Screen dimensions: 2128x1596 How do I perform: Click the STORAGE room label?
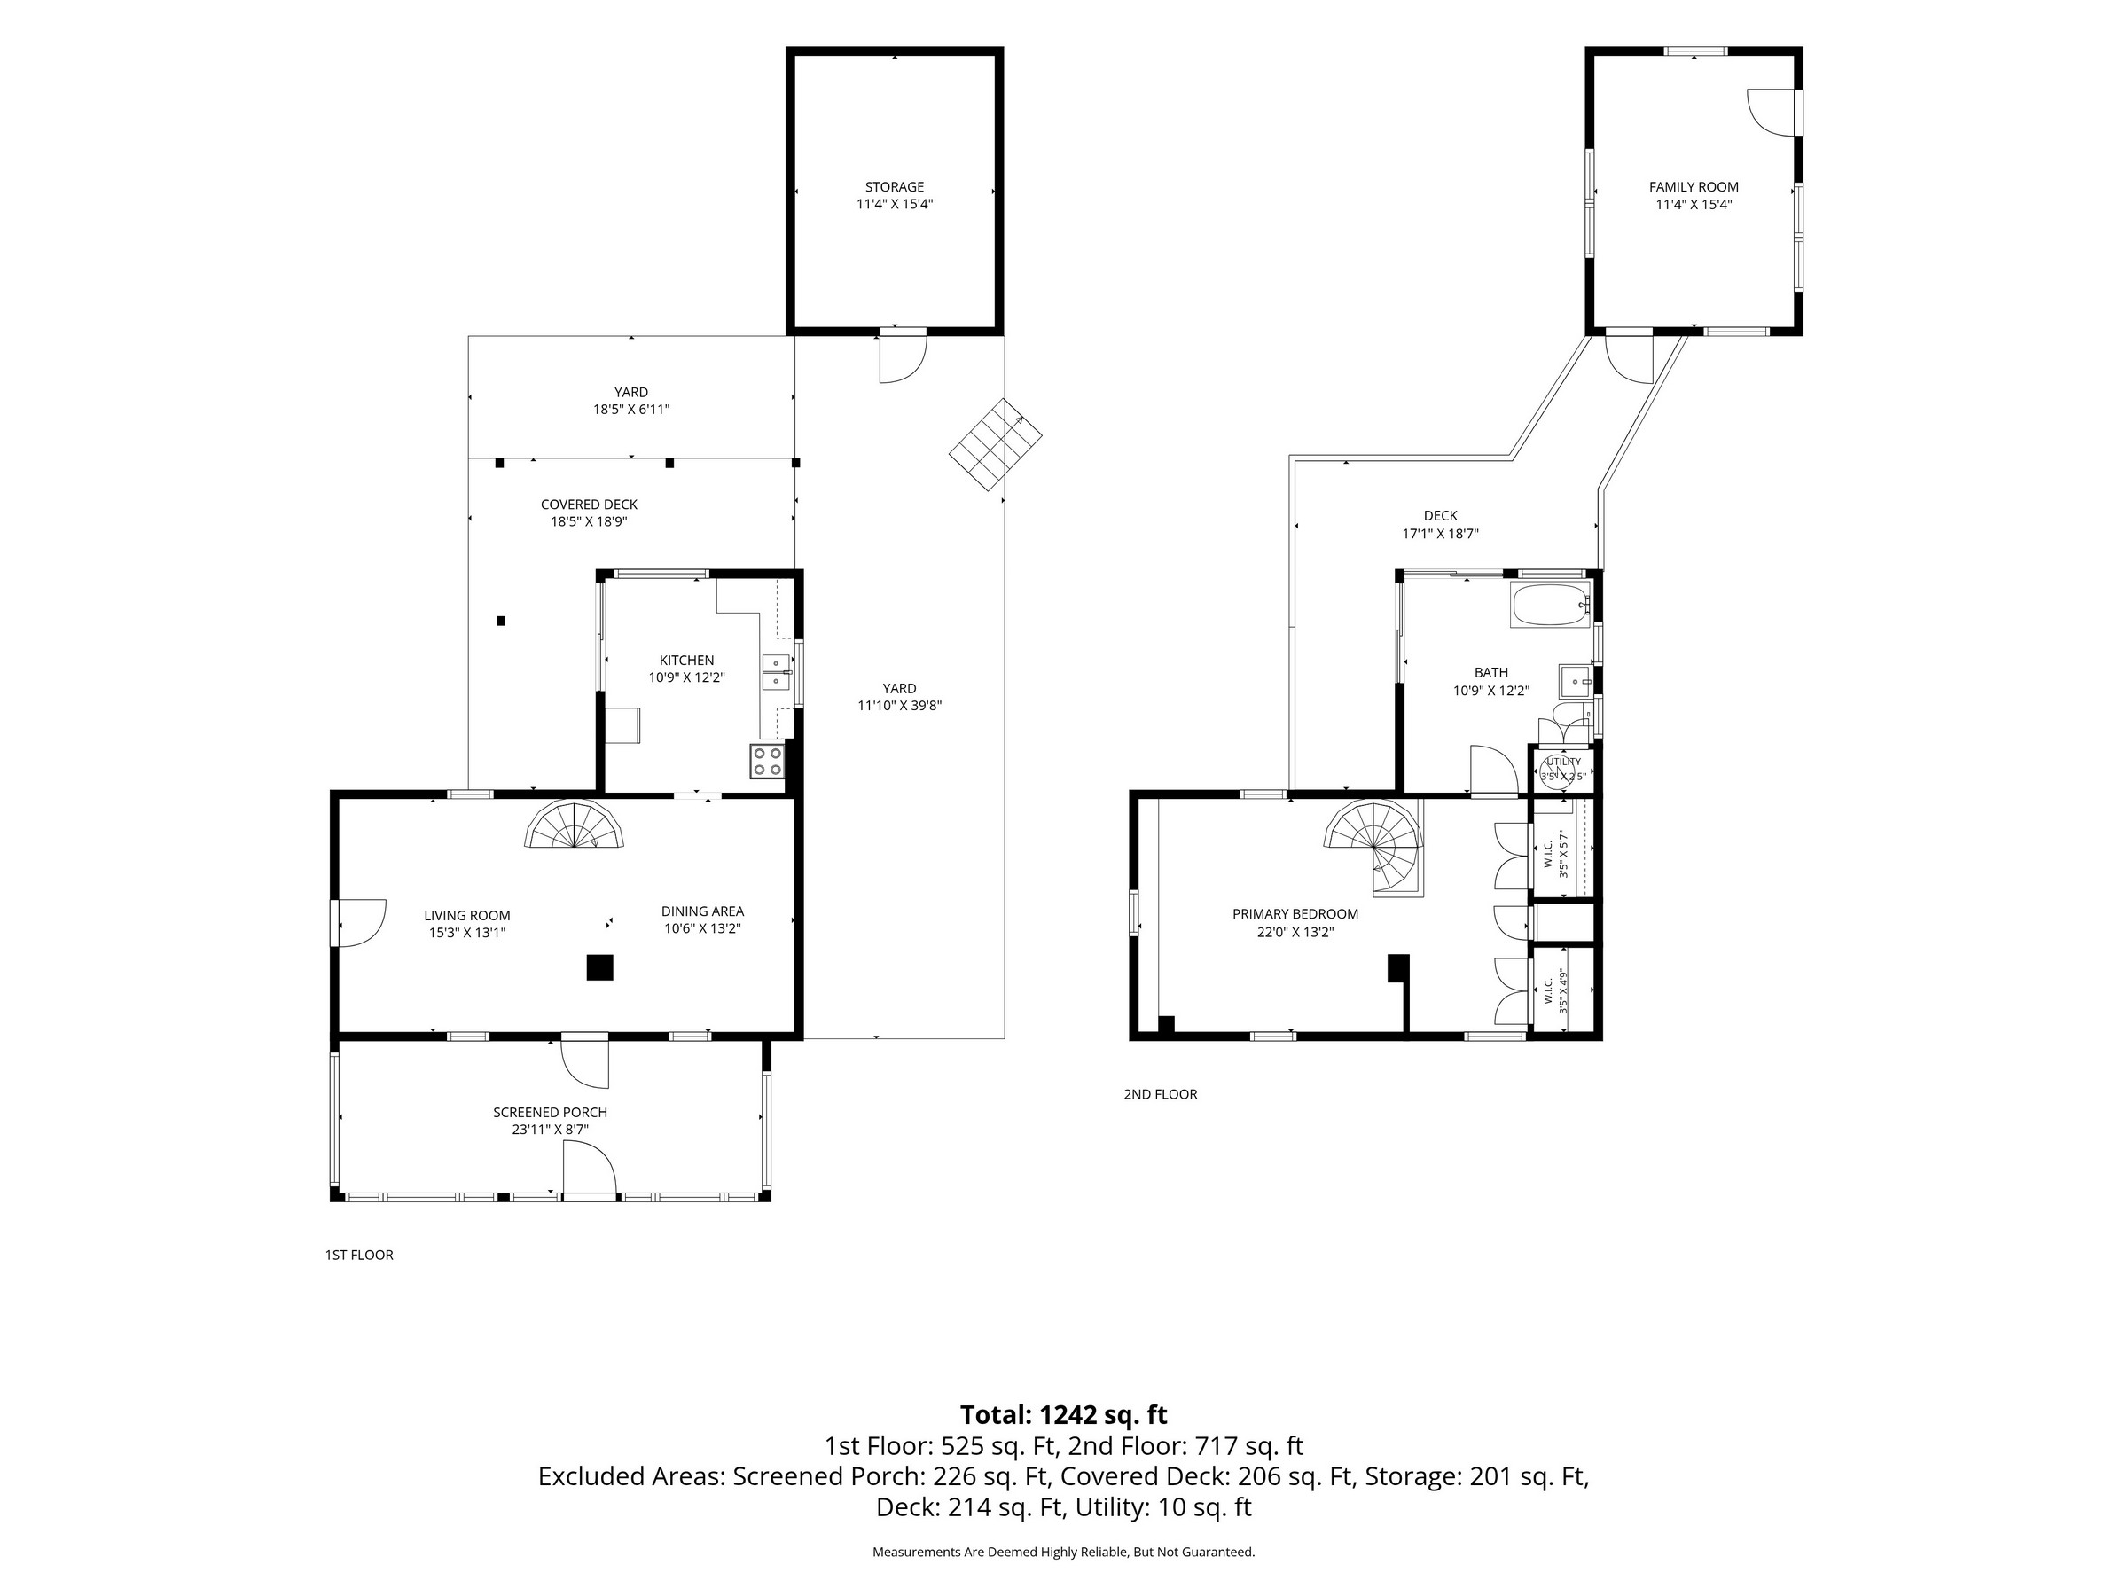[x=894, y=186]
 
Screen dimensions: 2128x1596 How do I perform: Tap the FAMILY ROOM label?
[x=1694, y=186]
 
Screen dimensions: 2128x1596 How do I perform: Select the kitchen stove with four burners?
[x=768, y=762]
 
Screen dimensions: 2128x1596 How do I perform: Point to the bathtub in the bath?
[x=1551, y=605]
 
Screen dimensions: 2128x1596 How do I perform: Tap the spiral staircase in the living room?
[x=575, y=825]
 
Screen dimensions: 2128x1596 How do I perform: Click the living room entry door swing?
[x=360, y=923]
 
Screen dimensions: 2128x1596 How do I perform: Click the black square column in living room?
[x=600, y=966]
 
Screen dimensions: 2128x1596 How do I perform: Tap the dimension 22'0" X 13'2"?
[x=1295, y=931]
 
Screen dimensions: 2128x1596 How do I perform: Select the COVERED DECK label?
[x=589, y=505]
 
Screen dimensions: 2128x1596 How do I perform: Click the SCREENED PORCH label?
[x=551, y=1112]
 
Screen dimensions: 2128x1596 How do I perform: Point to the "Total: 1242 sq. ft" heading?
[x=1063, y=1414]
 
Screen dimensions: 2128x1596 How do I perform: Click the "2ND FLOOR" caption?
[x=1160, y=1094]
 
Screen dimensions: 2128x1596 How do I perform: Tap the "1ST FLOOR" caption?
[x=359, y=1255]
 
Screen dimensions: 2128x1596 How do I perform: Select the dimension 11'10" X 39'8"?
[x=899, y=705]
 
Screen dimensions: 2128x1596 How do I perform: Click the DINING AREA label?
[x=702, y=911]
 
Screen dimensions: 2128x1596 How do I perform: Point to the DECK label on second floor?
[x=1440, y=516]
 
